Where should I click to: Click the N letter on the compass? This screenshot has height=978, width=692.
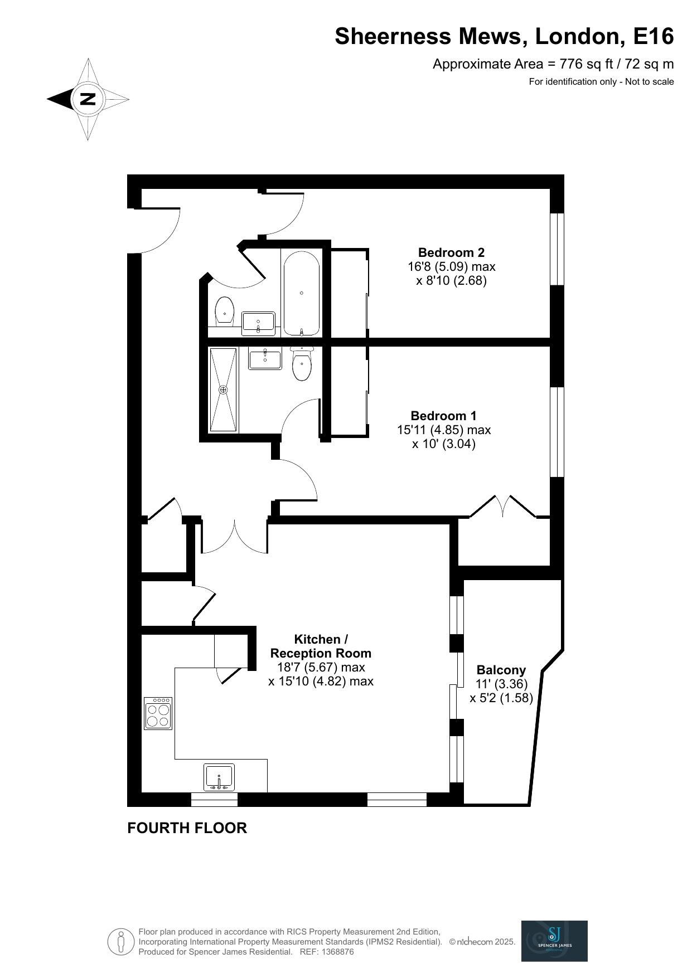[88, 99]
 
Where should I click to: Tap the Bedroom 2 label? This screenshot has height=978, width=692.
[451, 252]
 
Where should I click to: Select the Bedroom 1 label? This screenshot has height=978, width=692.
[443, 416]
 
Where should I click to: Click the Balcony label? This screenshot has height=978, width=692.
[501, 670]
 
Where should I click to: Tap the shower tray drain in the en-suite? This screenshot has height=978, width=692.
[224, 390]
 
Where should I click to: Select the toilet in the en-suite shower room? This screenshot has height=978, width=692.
[302, 364]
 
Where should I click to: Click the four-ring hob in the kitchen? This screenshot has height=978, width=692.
[158, 713]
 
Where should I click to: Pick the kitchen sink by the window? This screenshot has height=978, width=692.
[219, 777]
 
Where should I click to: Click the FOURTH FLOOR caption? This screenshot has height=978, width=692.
[187, 828]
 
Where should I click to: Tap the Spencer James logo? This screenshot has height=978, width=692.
[554, 941]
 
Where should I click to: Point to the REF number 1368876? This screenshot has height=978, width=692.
[335, 952]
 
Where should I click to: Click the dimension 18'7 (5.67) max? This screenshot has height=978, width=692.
[321, 667]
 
